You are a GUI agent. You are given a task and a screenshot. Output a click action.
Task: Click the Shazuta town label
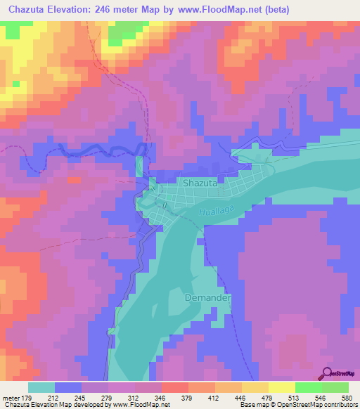202,183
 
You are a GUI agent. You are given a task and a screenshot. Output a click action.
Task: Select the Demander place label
208,298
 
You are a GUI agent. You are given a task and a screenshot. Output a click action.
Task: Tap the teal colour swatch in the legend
41,387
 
